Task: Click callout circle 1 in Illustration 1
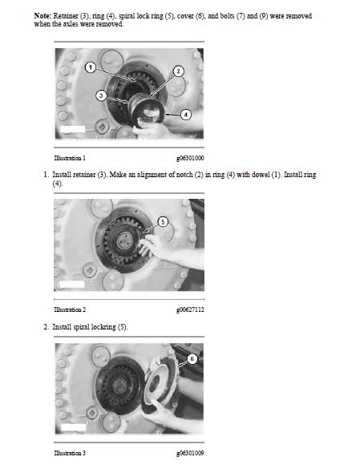91,67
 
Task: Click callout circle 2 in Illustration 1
178,71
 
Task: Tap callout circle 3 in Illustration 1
101,95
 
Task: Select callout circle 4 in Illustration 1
186,115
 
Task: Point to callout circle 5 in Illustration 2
163,222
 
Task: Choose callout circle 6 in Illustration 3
192,358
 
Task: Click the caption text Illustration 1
70,158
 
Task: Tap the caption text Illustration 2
70,309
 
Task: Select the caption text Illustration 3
70,453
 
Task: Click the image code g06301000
190,158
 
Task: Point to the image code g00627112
190,309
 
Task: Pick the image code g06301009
190,453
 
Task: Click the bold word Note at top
42,16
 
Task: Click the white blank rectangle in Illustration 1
72,129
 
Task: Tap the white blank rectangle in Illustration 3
73,427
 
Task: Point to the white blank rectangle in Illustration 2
72,284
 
